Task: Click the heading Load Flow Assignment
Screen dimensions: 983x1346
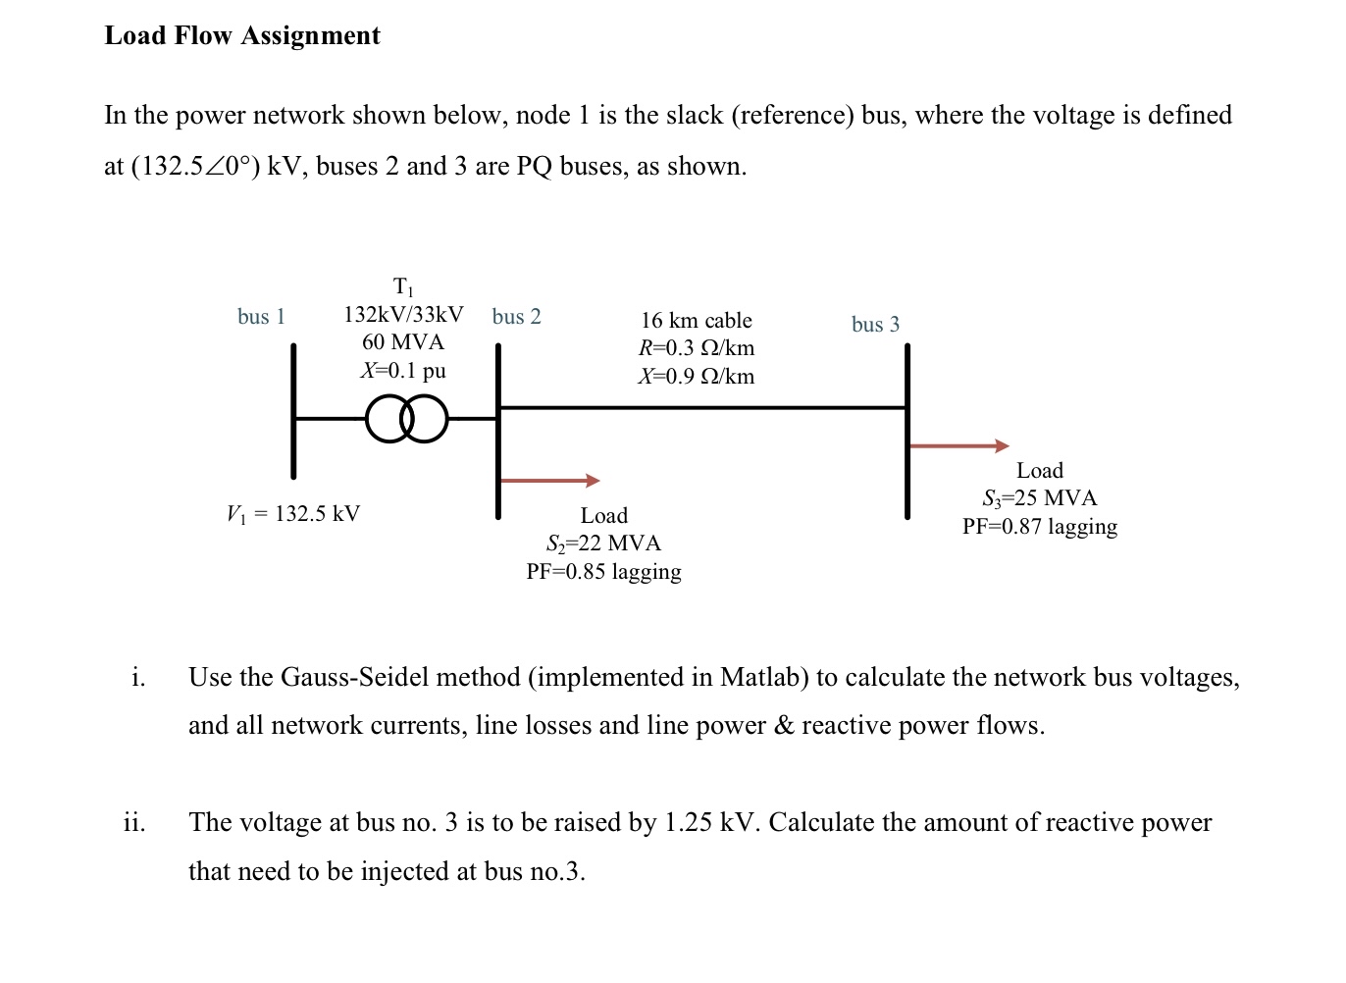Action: coord(242,35)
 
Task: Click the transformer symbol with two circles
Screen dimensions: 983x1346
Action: coord(406,419)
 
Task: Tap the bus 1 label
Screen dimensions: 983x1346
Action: coord(261,316)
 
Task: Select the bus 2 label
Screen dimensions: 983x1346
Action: coord(516,316)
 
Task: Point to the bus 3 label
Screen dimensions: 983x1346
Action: coord(875,324)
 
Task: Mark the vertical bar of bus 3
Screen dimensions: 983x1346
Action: coord(907,432)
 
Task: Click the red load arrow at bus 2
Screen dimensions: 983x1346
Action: coord(549,481)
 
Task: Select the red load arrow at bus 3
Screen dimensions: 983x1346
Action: coord(958,446)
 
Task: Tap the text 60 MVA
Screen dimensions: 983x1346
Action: coord(403,342)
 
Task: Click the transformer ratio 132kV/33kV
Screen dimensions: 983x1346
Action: coord(403,315)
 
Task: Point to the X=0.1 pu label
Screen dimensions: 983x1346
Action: coord(403,371)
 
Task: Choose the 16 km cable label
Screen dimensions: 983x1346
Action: coord(696,321)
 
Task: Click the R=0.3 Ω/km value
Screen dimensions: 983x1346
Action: coord(696,348)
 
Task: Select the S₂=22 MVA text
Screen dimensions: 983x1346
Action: coord(603,543)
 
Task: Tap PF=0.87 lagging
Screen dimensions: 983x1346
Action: coord(1039,527)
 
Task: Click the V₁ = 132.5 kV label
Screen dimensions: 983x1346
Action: coord(293,513)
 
